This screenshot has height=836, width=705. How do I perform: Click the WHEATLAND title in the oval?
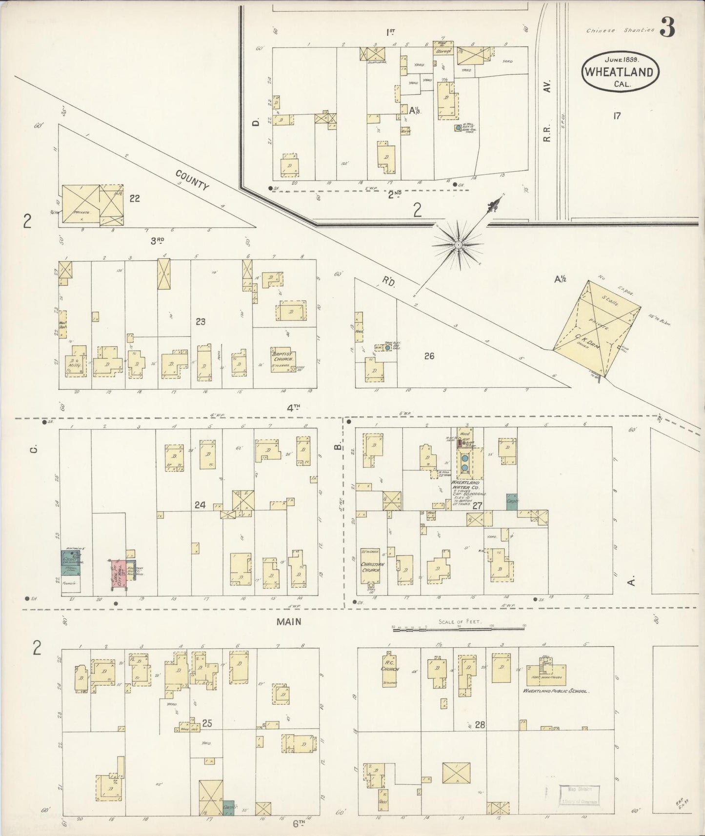(x=620, y=72)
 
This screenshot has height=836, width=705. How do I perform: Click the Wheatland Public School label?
(x=556, y=691)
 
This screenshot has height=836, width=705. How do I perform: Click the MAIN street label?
(x=289, y=621)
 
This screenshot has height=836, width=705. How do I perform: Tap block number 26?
(x=429, y=356)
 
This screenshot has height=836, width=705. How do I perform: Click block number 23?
(x=200, y=321)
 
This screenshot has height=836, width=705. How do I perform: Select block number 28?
(x=480, y=725)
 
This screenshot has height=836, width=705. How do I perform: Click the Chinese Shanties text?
(x=620, y=30)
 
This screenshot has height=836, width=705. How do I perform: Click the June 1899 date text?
(x=622, y=60)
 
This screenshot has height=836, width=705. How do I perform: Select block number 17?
(x=617, y=116)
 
